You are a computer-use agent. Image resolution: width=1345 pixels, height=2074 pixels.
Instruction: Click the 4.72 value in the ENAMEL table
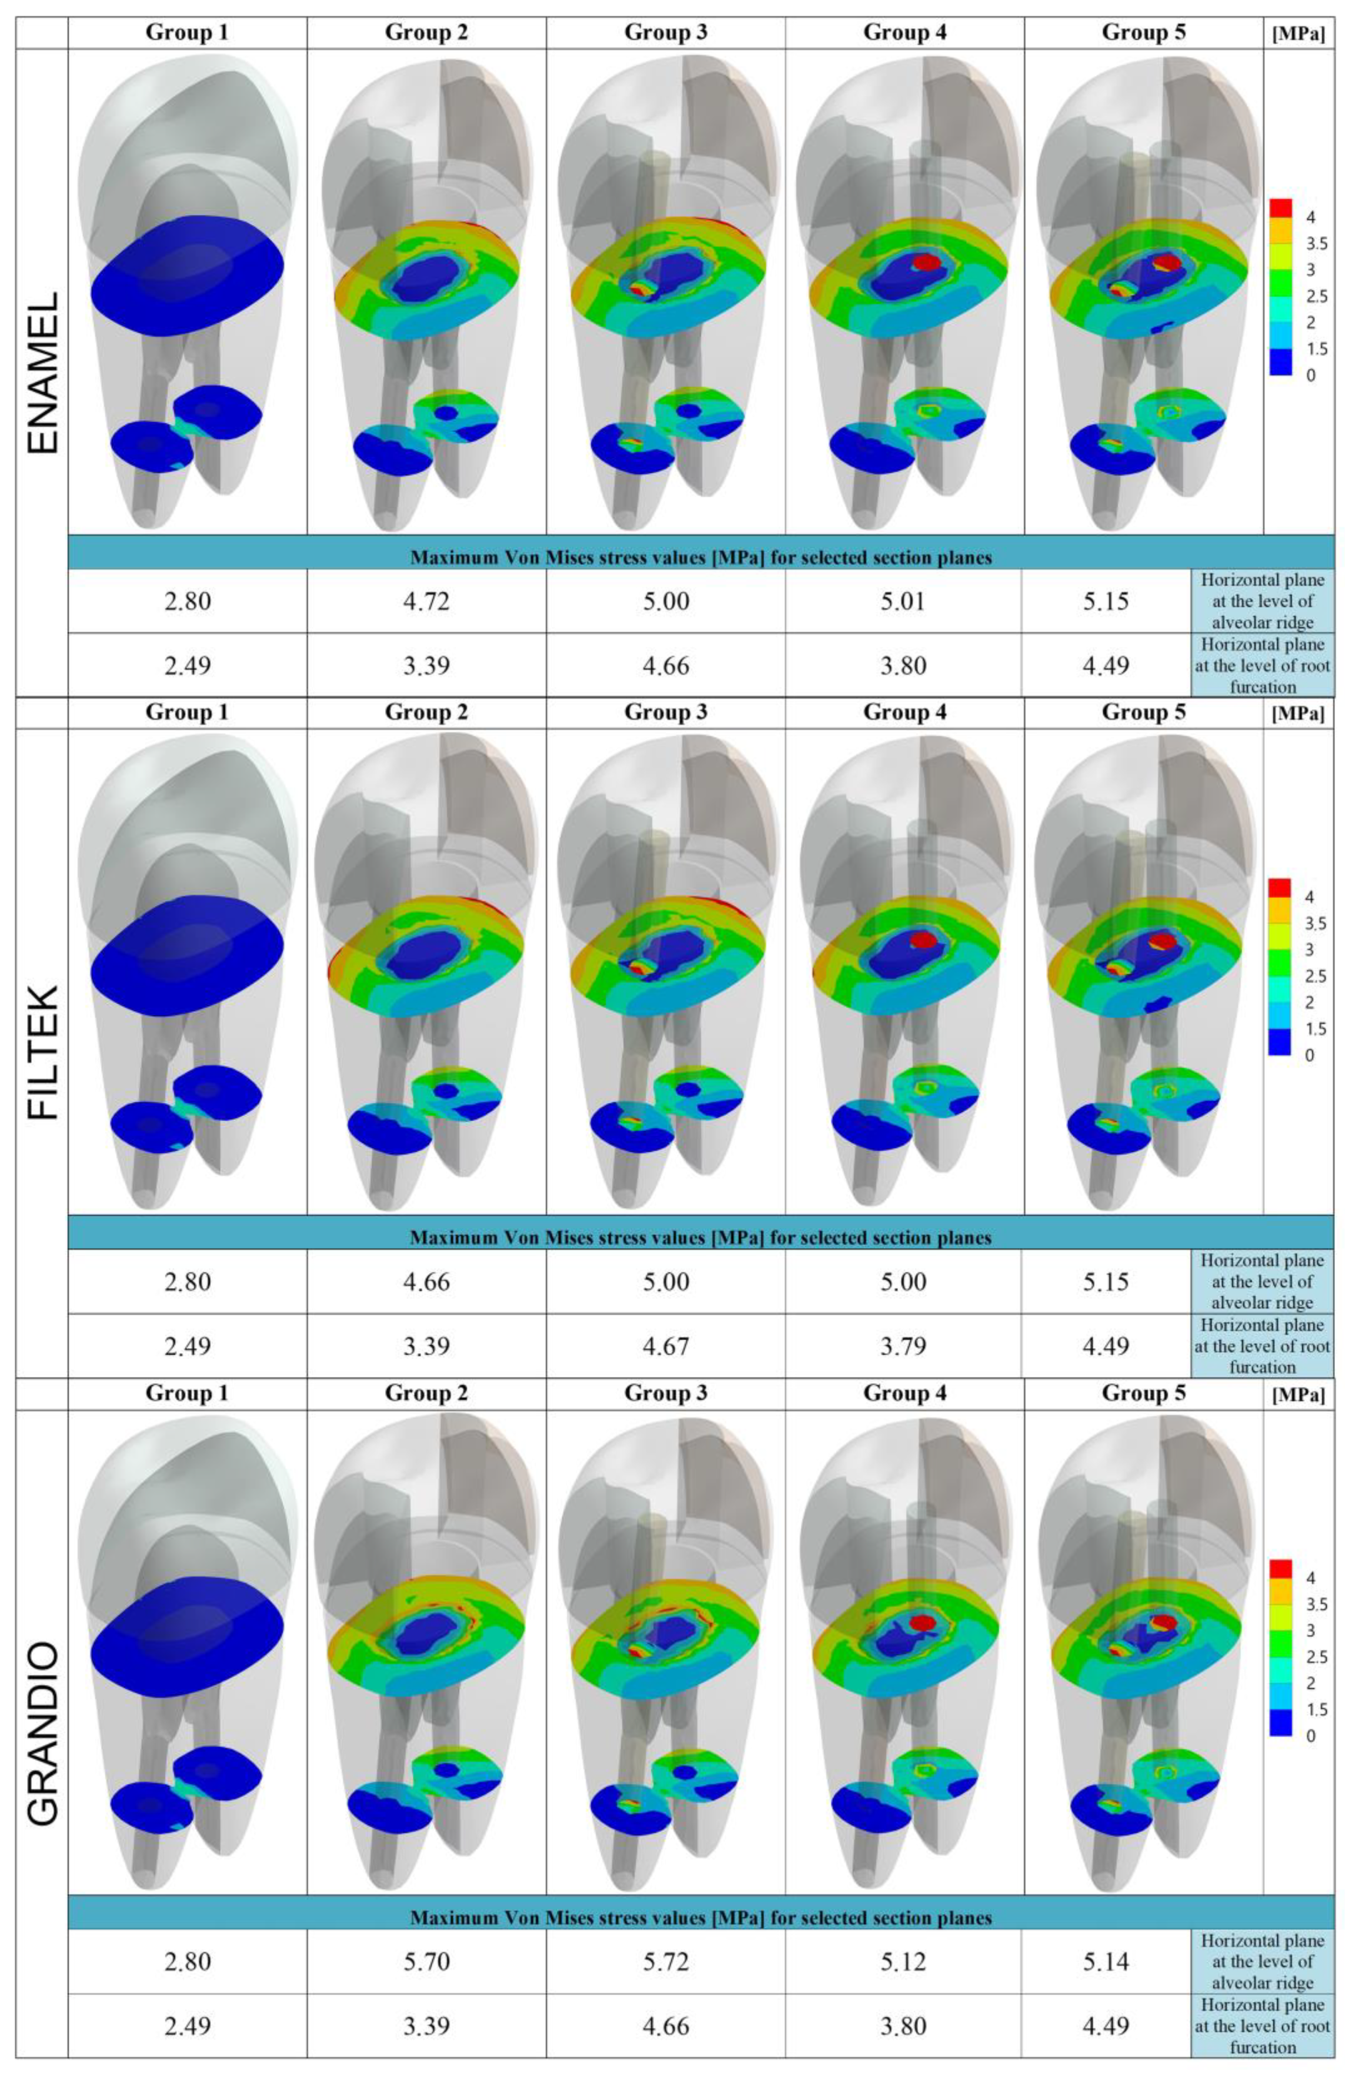(x=426, y=601)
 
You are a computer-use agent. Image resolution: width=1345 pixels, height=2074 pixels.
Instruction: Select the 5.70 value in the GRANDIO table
(x=426, y=1962)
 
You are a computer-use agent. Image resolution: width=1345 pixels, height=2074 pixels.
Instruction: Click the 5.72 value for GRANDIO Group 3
(x=665, y=1962)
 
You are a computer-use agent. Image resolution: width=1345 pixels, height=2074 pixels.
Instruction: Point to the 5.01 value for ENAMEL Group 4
(x=903, y=601)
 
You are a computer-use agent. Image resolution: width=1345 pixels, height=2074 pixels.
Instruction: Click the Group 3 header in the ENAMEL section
(x=665, y=33)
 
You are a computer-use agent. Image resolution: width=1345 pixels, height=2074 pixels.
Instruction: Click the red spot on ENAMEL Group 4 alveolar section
(x=926, y=261)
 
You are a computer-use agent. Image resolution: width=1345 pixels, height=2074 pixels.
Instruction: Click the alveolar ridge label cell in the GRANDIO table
(x=1262, y=1962)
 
